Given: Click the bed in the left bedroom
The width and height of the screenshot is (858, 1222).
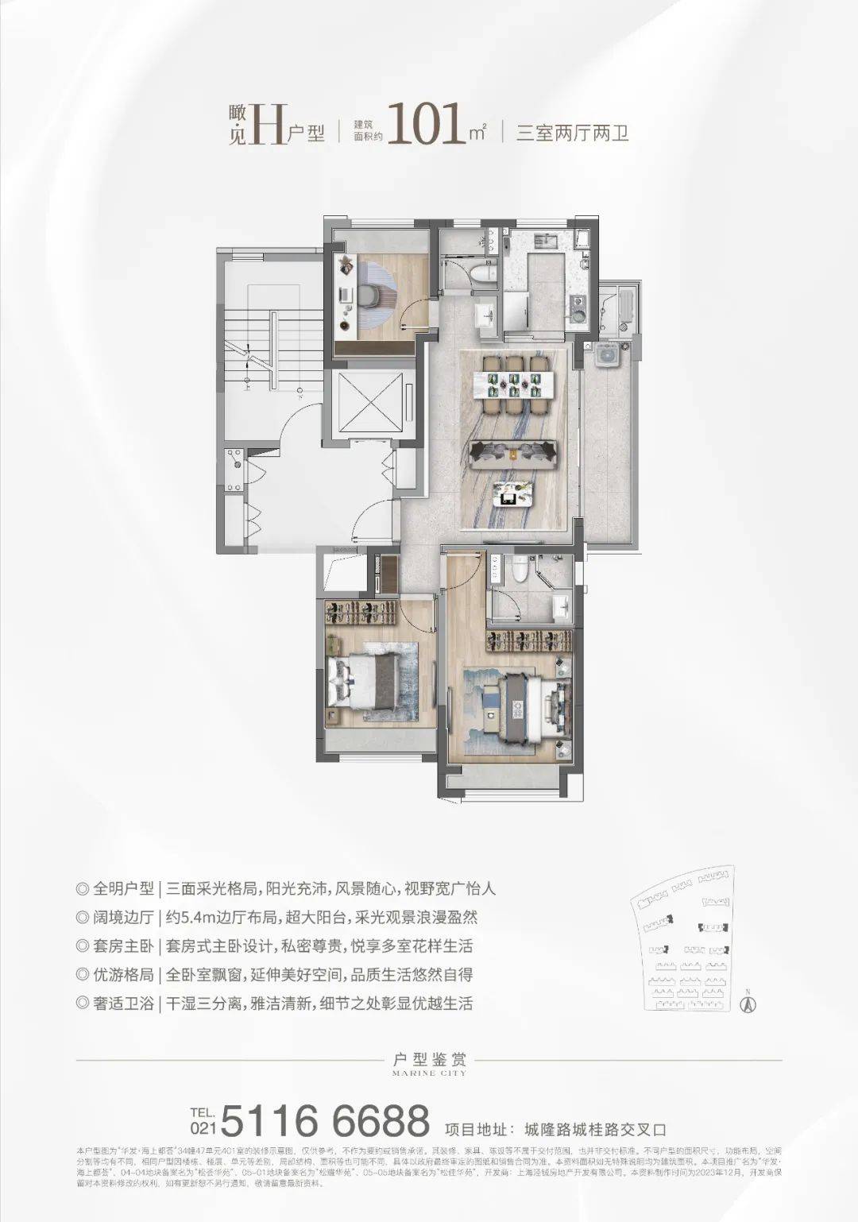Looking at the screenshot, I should pyautogui.click(x=370, y=682).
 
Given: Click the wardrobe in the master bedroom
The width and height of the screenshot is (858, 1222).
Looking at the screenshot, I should pyautogui.click(x=525, y=640).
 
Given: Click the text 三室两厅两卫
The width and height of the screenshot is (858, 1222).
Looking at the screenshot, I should pyautogui.click(x=572, y=133).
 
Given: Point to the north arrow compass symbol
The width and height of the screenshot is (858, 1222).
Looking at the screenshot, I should pyautogui.click(x=748, y=1002).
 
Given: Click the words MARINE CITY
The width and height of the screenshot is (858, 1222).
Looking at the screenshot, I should pyautogui.click(x=429, y=1073).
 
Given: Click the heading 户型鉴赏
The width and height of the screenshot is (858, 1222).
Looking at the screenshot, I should pyautogui.click(x=429, y=1059).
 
